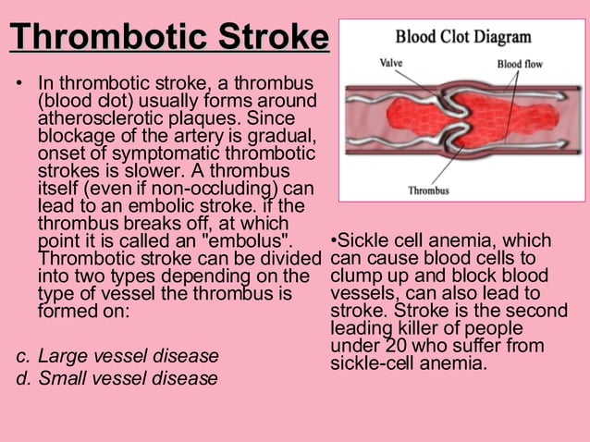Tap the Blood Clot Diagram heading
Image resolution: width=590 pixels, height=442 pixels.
[x=463, y=37]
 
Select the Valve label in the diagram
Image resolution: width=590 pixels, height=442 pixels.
[x=391, y=63]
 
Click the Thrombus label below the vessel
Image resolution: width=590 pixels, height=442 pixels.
[x=428, y=190]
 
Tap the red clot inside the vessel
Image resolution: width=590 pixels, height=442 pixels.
[x=452, y=119]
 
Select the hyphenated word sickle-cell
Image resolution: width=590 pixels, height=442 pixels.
[x=375, y=362]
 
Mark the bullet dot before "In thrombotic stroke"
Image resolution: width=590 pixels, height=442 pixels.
[x=17, y=85]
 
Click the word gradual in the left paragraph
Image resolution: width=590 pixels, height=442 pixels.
[x=285, y=137]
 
